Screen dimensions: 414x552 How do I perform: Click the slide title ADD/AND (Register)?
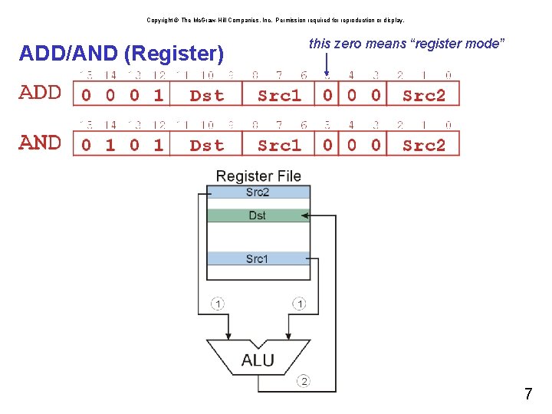(x=121, y=54)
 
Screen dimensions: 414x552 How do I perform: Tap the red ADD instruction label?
(x=40, y=94)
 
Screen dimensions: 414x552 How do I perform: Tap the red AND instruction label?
(x=40, y=143)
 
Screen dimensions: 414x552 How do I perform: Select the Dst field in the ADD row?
(x=206, y=95)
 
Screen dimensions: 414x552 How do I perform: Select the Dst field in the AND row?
(x=206, y=145)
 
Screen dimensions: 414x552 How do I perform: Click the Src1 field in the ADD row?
(x=279, y=95)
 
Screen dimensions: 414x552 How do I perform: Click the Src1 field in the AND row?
(x=279, y=145)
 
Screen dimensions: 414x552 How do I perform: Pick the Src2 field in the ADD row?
(x=423, y=95)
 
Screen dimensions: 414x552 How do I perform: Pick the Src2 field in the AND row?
(x=423, y=145)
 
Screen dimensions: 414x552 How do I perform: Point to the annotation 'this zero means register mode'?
(x=406, y=44)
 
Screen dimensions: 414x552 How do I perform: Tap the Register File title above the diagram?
(x=258, y=176)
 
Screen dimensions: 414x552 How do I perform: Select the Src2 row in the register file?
(x=258, y=192)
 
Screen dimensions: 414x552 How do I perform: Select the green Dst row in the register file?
(x=258, y=215)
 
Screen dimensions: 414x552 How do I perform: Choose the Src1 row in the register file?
(x=258, y=258)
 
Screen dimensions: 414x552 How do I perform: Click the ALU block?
(x=258, y=360)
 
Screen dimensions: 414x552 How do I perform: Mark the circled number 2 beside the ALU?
(x=304, y=381)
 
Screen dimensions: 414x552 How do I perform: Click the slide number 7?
(x=528, y=395)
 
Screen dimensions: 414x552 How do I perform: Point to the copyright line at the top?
(x=275, y=21)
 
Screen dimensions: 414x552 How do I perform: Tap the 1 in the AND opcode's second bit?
(x=110, y=145)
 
